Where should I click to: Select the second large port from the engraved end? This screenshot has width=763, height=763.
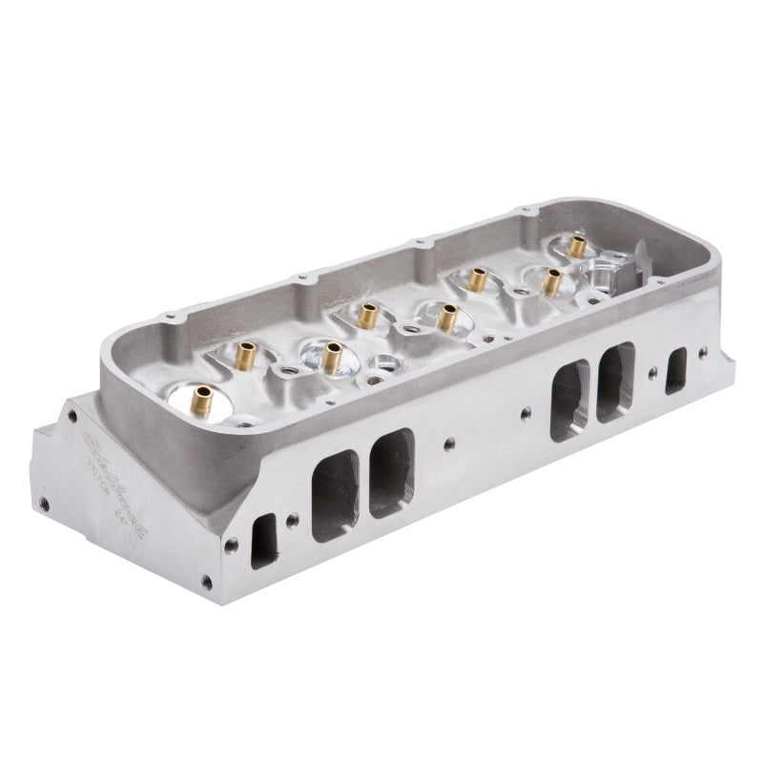pos(391,472)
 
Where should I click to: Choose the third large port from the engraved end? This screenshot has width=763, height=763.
pos(568,401)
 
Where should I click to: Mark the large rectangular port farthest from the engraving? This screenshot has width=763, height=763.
pos(615,381)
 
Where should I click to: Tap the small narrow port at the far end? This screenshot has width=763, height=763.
pos(676,370)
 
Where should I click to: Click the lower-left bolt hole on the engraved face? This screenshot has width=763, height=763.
pos(43,504)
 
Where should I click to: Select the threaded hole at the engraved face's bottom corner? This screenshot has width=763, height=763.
pos(206,579)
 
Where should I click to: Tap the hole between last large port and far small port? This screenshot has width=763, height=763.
pos(651,374)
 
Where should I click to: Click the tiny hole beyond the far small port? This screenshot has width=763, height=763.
pos(703,353)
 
